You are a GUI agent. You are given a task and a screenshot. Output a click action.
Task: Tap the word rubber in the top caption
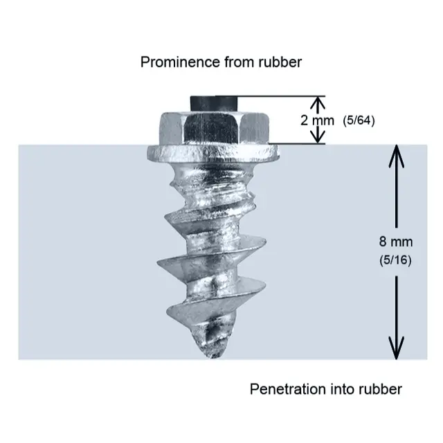point(282,62)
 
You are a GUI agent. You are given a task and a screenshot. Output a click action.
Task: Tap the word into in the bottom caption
point(338,389)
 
